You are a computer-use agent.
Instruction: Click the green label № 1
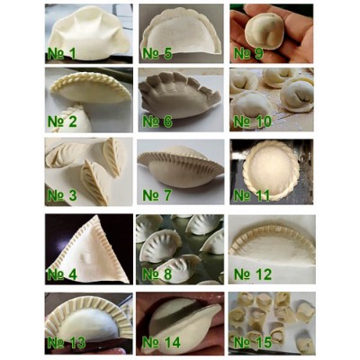(62, 54)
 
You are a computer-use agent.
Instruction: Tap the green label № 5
(157, 53)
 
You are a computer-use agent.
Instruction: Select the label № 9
(248, 53)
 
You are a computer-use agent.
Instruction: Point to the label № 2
(62, 121)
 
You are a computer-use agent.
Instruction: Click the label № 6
(157, 121)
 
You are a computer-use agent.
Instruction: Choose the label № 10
(252, 121)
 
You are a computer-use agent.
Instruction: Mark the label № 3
(62, 195)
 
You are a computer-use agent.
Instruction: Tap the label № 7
(157, 195)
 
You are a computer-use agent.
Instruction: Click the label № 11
(252, 195)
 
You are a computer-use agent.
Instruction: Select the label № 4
(62, 274)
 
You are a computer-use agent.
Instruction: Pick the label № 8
(157, 274)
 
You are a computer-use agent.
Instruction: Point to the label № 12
(253, 274)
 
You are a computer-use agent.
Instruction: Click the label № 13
(67, 343)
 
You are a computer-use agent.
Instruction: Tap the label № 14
(161, 343)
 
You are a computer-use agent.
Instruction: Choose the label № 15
(253, 343)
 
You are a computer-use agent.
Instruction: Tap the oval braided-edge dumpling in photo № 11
(271, 169)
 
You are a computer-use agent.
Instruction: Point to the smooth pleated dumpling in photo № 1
(89, 33)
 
